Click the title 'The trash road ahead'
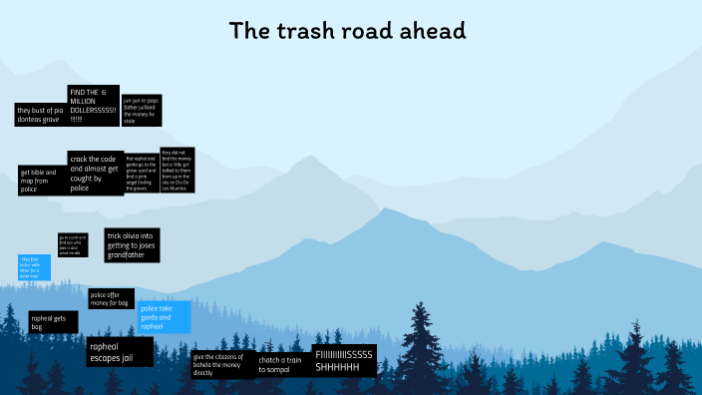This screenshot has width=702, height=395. click(348, 31)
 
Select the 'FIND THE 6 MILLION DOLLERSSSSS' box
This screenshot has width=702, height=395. click(93, 106)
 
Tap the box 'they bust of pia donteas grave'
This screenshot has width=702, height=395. click(39, 114)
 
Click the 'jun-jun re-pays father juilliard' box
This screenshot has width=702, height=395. click(141, 110)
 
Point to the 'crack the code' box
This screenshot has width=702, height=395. click(96, 172)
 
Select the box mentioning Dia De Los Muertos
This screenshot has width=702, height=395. click(176, 170)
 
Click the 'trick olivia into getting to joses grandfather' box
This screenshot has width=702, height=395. click(132, 246)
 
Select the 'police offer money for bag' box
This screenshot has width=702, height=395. click(111, 298)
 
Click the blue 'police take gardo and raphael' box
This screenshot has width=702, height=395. click(165, 317)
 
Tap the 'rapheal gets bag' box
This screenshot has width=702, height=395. click(53, 322)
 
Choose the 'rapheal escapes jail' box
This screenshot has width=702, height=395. click(120, 352)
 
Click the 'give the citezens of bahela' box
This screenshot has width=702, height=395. click(221, 364)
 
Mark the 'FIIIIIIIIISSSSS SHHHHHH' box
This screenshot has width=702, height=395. click(344, 361)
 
